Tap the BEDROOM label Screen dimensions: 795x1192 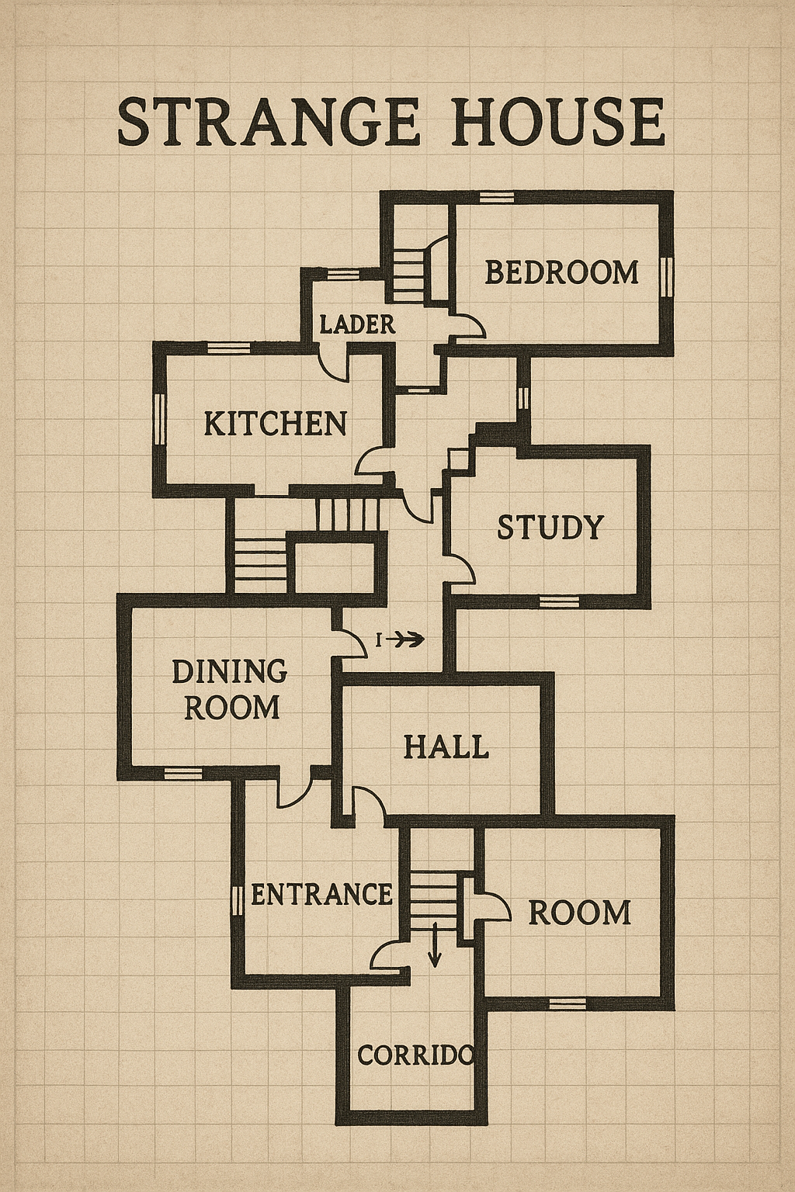pyautogui.click(x=562, y=272)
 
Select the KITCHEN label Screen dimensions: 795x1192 pyautogui.click(x=276, y=424)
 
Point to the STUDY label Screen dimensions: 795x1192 pyautogui.click(x=550, y=528)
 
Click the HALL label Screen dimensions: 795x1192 pyautogui.click(x=446, y=746)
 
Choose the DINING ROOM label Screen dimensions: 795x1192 pyautogui.click(x=230, y=690)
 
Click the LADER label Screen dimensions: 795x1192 pyautogui.click(x=357, y=324)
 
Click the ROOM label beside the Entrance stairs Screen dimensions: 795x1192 pyautogui.click(x=579, y=913)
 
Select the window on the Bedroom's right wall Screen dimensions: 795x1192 pyautogui.click(x=666, y=275)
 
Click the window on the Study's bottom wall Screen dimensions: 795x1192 pyautogui.click(x=559, y=601)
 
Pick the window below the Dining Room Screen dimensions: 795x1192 pyautogui.click(x=182, y=773)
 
